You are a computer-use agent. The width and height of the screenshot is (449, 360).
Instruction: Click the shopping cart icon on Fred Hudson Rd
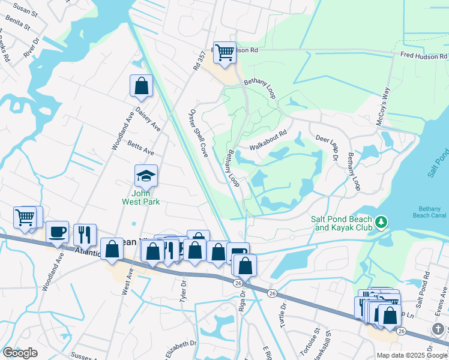click(224, 52)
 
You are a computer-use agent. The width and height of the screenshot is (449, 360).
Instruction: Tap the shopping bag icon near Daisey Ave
click(141, 86)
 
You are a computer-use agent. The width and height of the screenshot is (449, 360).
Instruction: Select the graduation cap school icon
click(146, 176)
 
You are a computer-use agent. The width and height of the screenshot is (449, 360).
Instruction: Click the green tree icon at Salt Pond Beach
click(381, 223)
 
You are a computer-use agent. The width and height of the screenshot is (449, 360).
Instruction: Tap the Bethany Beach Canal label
click(429, 212)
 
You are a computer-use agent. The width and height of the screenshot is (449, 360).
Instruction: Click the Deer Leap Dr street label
click(328, 148)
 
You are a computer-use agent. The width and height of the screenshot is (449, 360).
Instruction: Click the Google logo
click(20, 352)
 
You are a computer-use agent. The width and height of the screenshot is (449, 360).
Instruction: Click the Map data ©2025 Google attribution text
click(412, 355)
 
